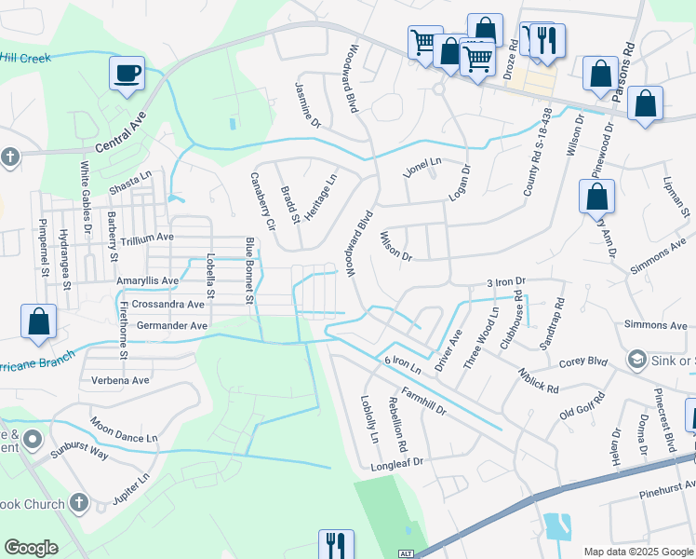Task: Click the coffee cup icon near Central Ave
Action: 127,73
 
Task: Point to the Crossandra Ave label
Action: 167,304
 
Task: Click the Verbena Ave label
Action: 120,380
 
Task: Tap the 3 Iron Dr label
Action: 506,280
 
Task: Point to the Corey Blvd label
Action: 585,360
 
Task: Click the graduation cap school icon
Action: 637,359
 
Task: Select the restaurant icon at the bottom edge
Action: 335,544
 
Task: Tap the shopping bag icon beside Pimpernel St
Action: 39,321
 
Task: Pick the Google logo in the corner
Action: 31,548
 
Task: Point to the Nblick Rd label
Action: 540,381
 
